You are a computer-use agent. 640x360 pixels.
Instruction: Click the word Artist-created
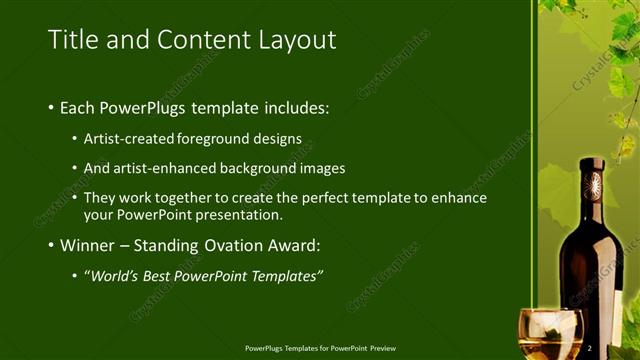[131, 138]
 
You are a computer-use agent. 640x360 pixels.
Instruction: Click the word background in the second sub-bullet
[265, 168]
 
